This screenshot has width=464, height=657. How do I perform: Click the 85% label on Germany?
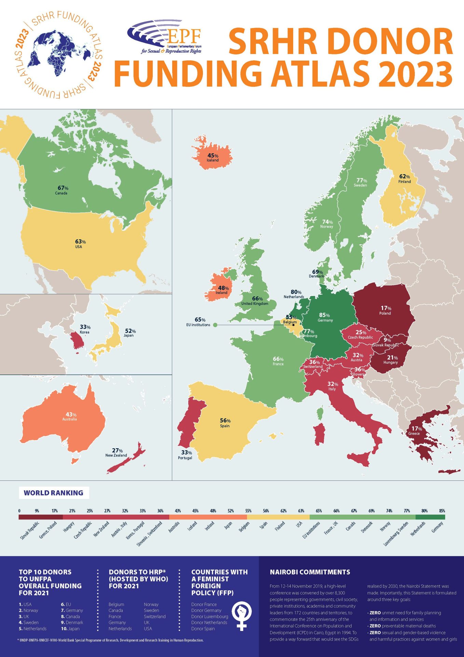[325, 315]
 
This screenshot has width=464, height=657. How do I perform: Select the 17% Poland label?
[386, 309]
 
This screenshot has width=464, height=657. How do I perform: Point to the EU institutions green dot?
[215, 325]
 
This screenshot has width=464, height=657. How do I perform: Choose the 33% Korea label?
[85, 327]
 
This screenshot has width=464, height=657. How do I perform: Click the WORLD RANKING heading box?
[54, 493]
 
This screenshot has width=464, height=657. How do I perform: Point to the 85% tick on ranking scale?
[442, 511]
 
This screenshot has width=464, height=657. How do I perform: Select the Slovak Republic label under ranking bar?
[30, 530]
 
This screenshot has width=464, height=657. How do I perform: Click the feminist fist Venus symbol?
[242, 616]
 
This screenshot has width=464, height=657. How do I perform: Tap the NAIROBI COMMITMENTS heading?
[310, 572]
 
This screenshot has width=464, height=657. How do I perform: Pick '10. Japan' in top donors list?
[70, 629]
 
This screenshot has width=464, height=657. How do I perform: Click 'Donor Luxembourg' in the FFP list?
[209, 617]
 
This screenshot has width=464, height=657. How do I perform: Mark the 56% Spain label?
[225, 421]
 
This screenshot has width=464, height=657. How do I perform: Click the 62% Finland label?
[405, 177]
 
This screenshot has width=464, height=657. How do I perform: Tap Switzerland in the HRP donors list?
[154, 617]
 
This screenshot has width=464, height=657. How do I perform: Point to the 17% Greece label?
[416, 429]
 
